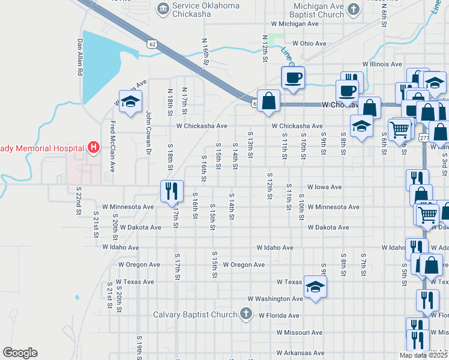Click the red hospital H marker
point(93,147)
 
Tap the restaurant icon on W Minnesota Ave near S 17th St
point(172,191)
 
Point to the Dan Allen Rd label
point(79,57)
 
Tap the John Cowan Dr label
point(148,133)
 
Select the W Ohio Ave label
point(309,44)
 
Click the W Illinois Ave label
point(381,64)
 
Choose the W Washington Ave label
point(276,298)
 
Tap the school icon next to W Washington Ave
point(315,287)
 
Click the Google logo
point(20,353)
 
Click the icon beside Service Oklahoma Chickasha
point(162,8)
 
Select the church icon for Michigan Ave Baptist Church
point(353,9)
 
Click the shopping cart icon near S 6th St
point(399,128)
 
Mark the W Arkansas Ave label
point(301,353)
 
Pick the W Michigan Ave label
point(295,23)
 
